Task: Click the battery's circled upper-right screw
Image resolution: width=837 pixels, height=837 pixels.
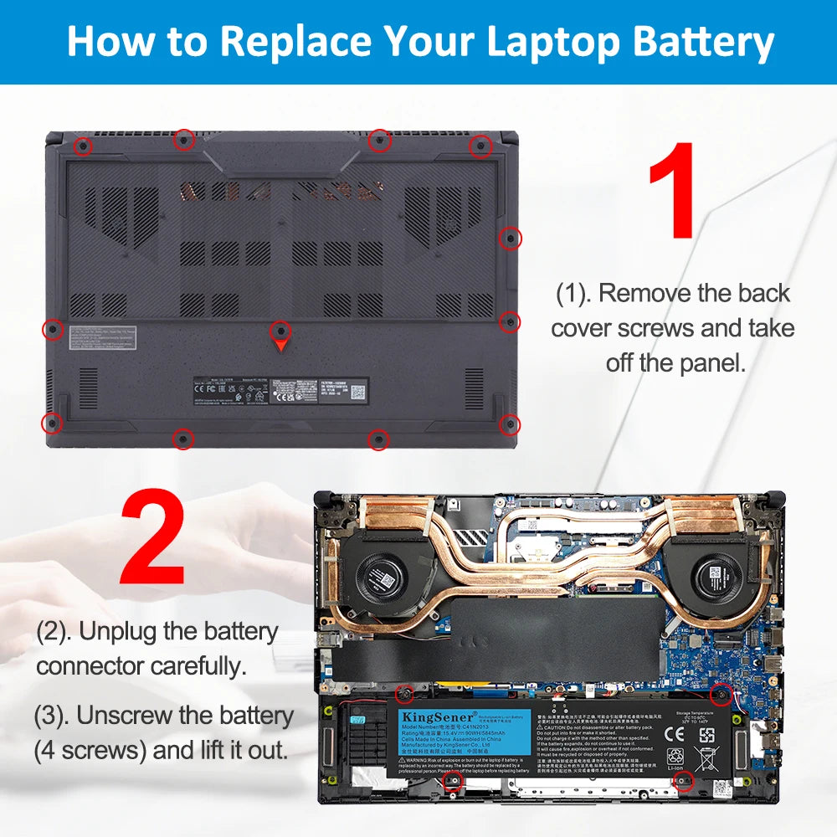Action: coord(721,694)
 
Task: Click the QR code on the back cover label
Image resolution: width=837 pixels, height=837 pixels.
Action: coord(357,391)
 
